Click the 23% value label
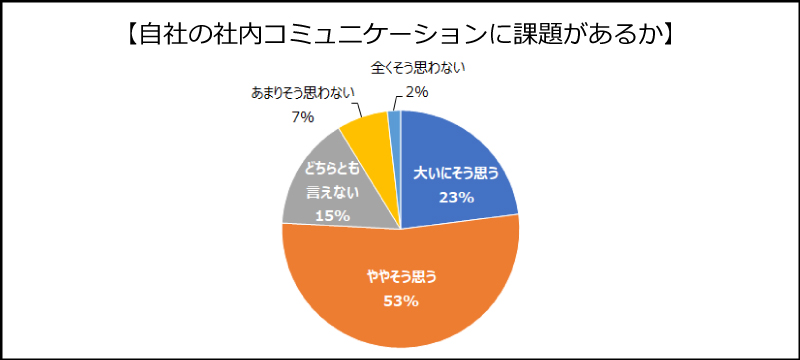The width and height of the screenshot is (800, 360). pyautogui.click(x=455, y=197)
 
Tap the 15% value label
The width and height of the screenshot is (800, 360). pyautogui.click(x=332, y=215)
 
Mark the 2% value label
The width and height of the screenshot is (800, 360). pyautogui.click(x=417, y=92)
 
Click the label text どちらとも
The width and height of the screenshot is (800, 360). pyautogui.click(x=332, y=169)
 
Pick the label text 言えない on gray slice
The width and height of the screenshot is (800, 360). pyautogui.click(x=332, y=192)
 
